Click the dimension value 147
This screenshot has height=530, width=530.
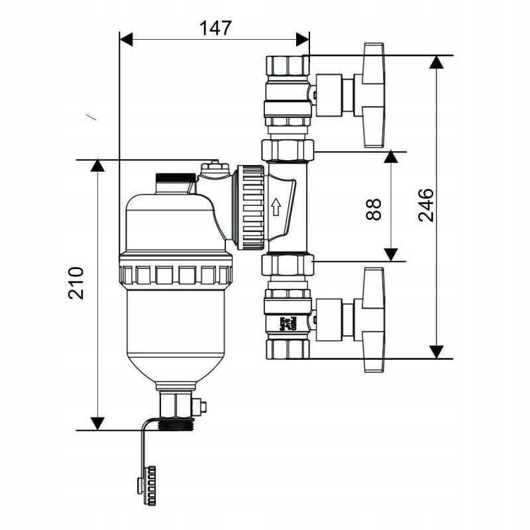[x=215, y=28]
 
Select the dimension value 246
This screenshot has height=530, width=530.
[x=426, y=205]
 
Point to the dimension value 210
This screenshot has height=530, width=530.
[x=77, y=283]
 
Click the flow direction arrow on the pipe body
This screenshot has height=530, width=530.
[x=276, y=207]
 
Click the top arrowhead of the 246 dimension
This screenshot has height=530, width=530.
[x=435, y=62]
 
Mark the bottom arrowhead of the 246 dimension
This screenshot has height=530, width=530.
[x=435, y=351]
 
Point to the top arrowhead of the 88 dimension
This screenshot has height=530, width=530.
[x=391, y=157]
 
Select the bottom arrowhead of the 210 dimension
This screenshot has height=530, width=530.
[x=97, y=423]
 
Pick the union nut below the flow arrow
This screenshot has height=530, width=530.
[x=288, y=266]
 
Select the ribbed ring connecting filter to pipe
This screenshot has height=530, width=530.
[x=250, y=207]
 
